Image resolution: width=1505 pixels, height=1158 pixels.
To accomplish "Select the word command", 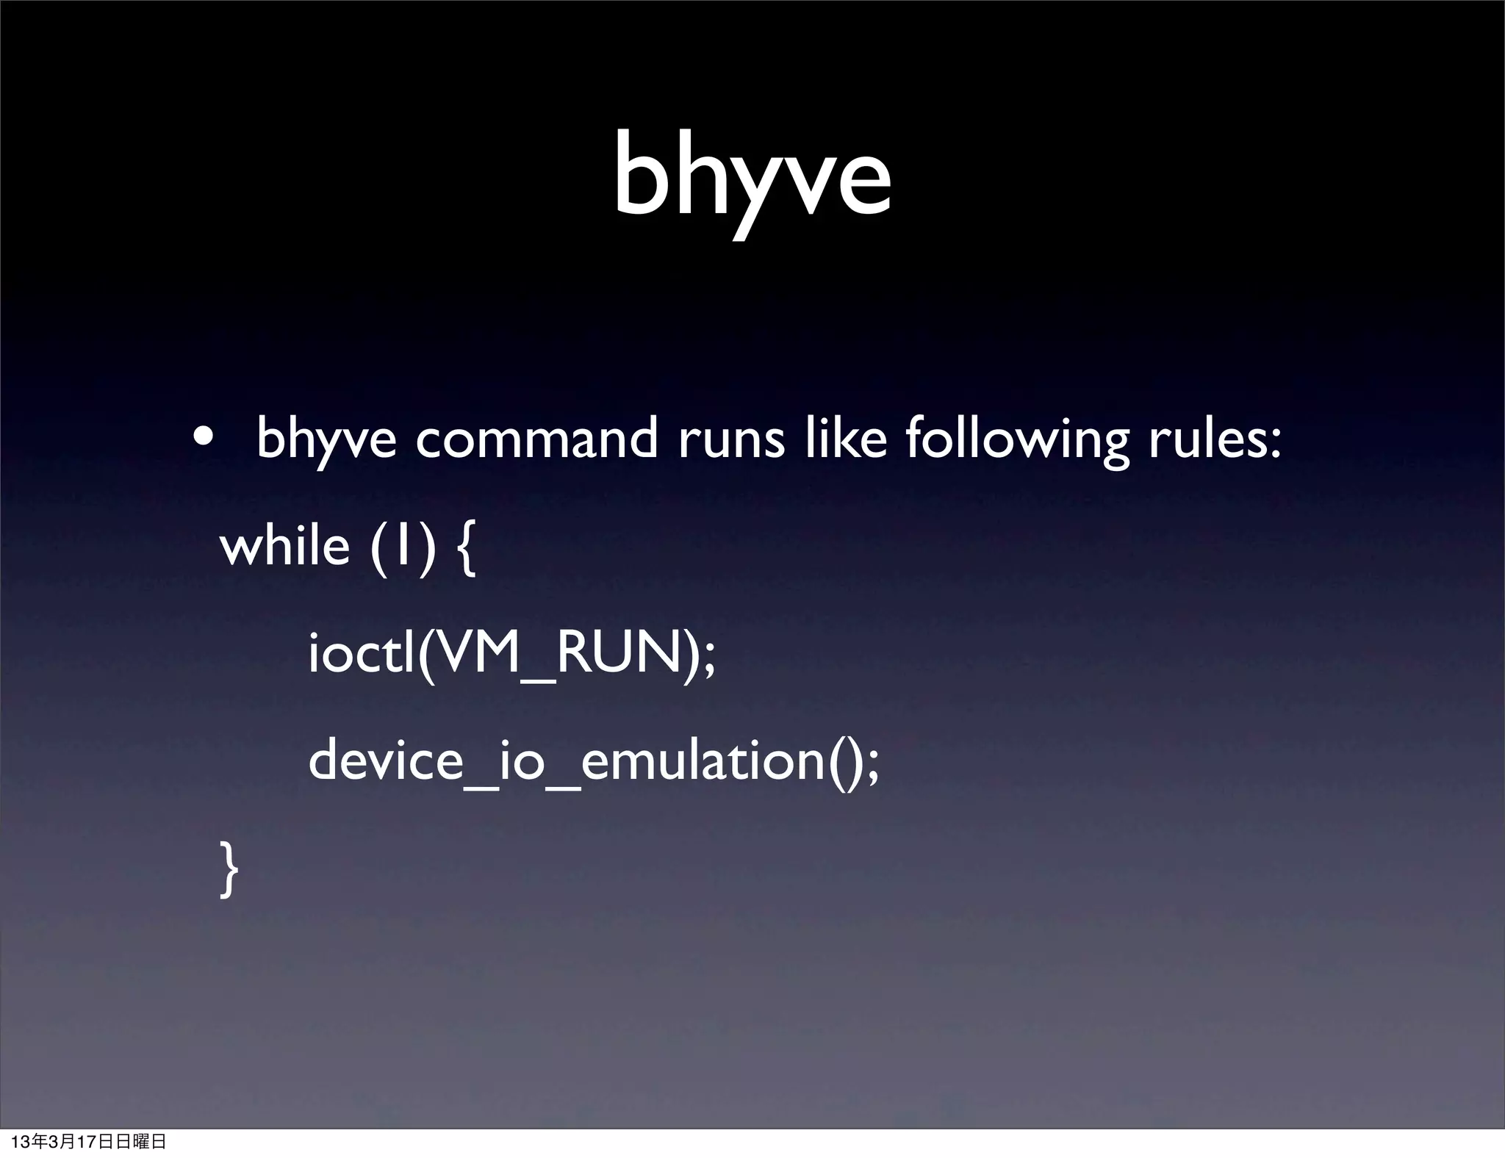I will (536, 439).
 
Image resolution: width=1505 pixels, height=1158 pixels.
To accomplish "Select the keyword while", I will (284, 546).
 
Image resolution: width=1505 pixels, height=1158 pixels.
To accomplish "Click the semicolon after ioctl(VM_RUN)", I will (708, 661).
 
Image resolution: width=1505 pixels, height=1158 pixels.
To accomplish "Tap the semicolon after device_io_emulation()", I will (872, 768).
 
